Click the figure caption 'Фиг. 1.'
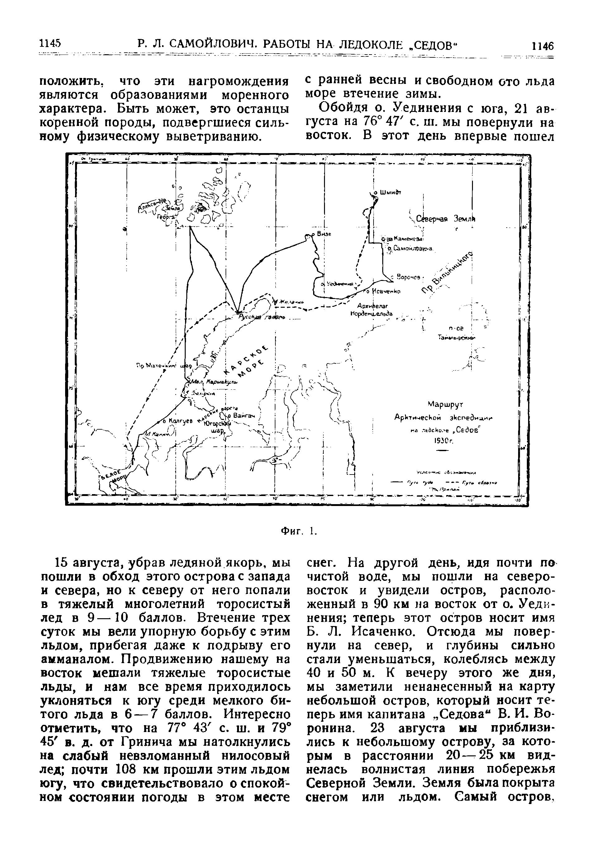pyautogui.click(x=298, y=531)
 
